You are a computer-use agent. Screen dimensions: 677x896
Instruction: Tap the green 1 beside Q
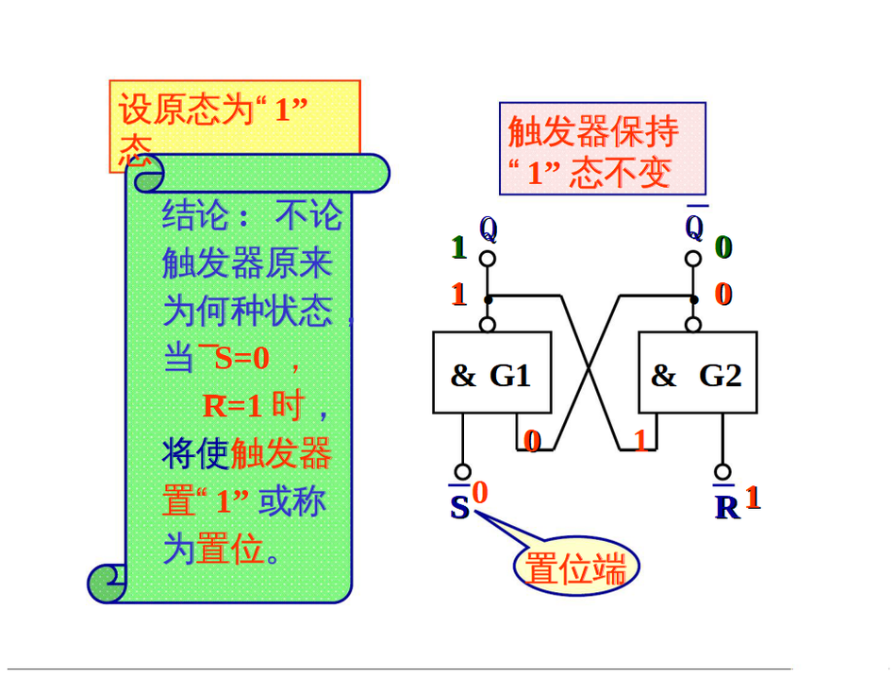pos(459,247)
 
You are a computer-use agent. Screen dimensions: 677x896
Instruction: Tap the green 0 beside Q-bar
pos(723,247)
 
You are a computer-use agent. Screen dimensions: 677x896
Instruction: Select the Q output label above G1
pos(488,228)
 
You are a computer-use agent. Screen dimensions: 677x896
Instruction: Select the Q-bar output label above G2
pos(695,228)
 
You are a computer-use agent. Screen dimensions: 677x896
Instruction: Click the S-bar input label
pos(459,508)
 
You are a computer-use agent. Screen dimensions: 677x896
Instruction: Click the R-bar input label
pos(726,507)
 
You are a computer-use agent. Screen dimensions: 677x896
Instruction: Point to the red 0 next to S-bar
pos(480,492)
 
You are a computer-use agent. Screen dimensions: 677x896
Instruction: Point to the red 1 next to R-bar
pos(753,497)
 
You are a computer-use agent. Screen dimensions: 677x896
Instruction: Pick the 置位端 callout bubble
pos(575,568)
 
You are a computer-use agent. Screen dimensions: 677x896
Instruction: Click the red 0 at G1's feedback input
pos(532,440)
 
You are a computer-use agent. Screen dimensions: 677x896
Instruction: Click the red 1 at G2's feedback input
pos(642,440)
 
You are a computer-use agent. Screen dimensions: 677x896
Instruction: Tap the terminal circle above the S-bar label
pos(462,472)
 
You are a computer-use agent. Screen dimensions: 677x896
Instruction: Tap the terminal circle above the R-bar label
pos(723,471)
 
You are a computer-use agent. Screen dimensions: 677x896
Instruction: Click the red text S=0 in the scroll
pos(242,358)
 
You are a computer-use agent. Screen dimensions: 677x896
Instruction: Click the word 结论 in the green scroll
pos(196,215)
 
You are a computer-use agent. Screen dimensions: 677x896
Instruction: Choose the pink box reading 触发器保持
pos(602,149)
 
